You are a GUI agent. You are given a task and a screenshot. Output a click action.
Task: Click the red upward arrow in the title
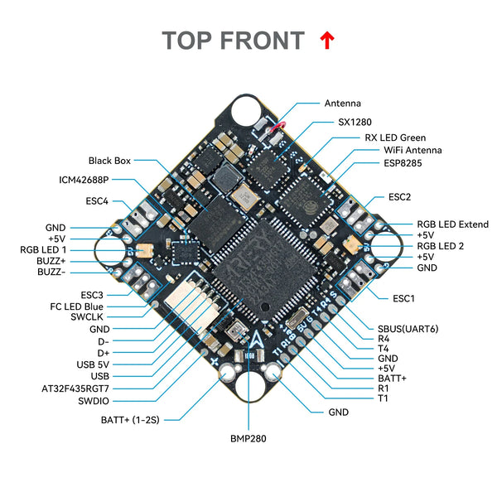[326, 40]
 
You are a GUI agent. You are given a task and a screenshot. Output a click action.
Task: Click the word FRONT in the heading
[264, 41]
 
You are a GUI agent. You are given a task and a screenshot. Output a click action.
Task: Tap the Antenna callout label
[342, 104]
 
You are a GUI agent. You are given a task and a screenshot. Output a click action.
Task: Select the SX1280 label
[354, 121]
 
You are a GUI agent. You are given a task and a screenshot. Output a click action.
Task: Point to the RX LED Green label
[395, 138]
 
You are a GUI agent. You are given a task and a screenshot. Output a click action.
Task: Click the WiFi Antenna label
[412, 150]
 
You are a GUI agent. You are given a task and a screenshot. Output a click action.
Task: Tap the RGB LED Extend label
[452, 224]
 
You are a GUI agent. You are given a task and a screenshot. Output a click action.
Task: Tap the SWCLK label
[88, 316]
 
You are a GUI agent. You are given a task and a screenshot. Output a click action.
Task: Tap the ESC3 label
[92, 294]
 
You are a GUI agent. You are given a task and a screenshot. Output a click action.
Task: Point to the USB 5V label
[92, 364]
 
